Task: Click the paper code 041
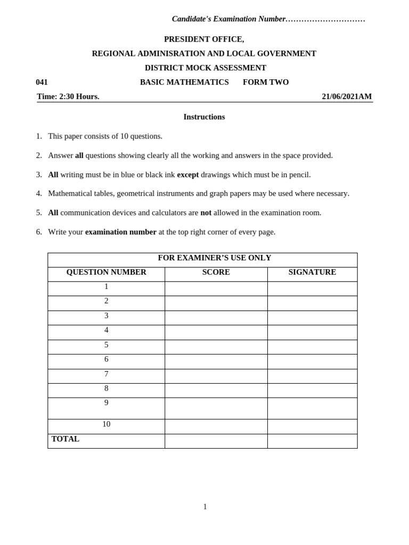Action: [42, 82]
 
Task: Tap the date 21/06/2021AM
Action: [346, 96]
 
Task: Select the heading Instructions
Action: [204, 117]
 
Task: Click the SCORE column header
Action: [216, 272]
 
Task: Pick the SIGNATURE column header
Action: [312, 272]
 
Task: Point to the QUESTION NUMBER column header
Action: [106, 272]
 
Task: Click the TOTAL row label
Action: [66, 439]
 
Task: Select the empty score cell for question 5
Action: [216, 347]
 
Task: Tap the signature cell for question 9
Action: [312, 408]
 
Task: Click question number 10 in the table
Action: [106, 424]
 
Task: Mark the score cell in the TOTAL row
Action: [216, 441]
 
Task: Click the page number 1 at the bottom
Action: [205, 507]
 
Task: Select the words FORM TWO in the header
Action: [266, 82]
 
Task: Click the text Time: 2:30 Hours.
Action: [68, 96]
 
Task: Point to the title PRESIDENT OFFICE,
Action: [204, 39]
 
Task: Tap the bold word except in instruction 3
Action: [187, 175]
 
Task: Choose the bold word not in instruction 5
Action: [206, 213]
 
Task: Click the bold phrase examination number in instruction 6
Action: [121, 232]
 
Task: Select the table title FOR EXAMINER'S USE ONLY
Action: [215, 258]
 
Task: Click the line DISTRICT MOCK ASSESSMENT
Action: [206, 68]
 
